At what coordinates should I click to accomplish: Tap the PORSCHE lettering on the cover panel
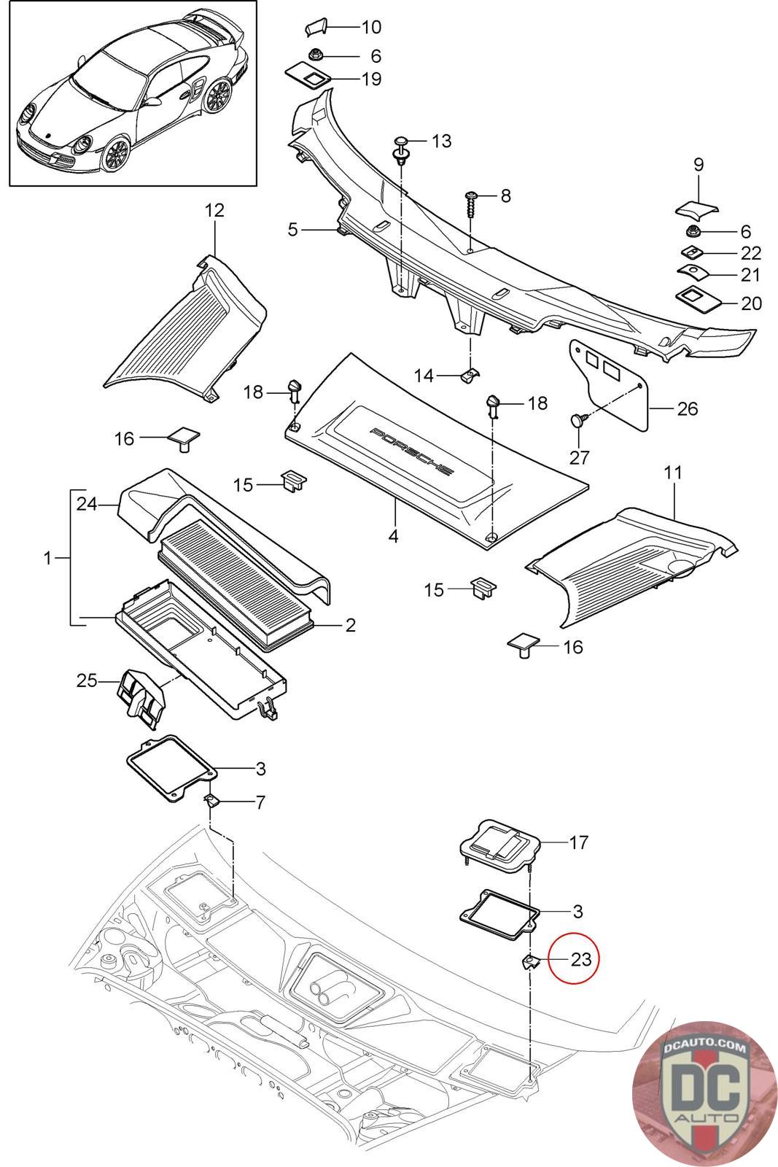coord(411,451)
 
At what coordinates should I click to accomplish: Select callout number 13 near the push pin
coord(442,141)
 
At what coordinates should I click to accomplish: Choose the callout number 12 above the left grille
coord(214,210)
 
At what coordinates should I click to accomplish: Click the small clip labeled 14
coord(471,374)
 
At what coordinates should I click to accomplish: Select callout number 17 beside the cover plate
coord(578,842)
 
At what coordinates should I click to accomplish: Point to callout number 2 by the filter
coord(351,624)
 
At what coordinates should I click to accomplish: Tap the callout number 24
coord(87,504)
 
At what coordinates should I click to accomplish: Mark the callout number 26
coord(687,408)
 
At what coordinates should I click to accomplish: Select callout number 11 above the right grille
coord(673,473)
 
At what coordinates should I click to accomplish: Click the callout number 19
coord(371,79)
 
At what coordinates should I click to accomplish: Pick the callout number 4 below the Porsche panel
coord(394,536)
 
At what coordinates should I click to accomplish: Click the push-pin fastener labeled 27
coord(580,419)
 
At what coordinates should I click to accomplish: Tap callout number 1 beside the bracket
coord(48,559)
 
